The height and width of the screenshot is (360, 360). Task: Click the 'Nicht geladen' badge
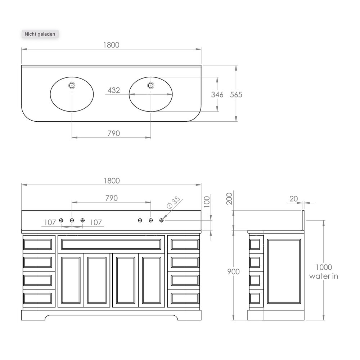point(40,34)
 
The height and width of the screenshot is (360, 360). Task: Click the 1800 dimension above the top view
point(111,45)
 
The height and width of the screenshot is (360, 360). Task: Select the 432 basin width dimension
point(114,90)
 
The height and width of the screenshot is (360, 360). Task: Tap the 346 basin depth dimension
point(217,95)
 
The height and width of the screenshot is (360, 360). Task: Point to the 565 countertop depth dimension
point(236,95)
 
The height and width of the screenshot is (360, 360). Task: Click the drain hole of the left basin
point(72,86)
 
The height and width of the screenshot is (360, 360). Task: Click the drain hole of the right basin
point(150,86)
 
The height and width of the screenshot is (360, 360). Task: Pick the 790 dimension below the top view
point(114,134)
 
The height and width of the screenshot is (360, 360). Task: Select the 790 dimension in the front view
point(112,198)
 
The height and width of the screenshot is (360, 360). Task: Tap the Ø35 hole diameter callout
point(174,202)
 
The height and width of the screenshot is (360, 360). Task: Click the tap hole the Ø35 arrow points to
point(161,220)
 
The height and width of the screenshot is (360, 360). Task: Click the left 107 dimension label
point(50,222)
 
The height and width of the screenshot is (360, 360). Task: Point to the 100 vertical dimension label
point(207,202)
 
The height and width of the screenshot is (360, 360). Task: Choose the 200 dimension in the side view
point(229,199)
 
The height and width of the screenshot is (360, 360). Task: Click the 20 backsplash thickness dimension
point(294,199)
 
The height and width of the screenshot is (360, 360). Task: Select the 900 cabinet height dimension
point(233,271)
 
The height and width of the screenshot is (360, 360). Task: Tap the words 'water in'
point(324,276)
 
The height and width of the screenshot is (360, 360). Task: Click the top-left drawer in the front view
point(38,244)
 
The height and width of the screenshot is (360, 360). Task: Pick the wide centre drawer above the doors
point(111,244)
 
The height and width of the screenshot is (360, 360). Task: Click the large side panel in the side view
point(284,271)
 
